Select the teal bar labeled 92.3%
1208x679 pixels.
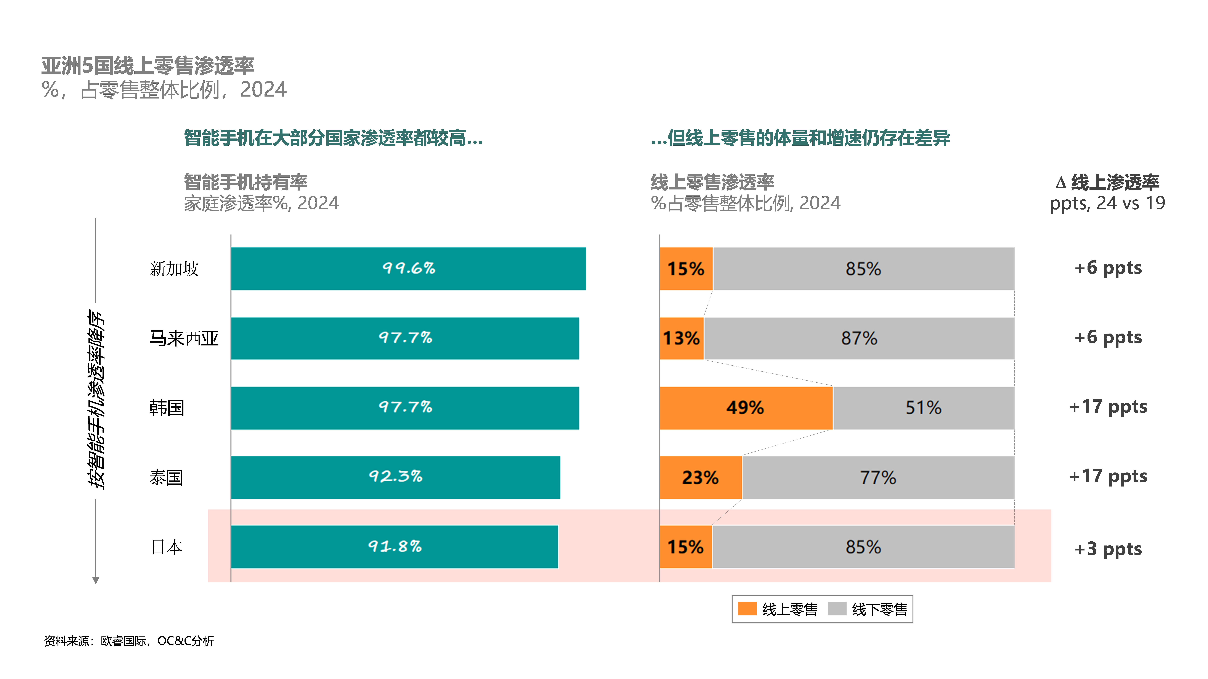tap(395, 477)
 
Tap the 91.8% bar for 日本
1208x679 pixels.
tap(394, 546)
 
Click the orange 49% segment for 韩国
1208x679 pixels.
tap(746, 408)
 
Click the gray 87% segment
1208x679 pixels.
tap(859, 338)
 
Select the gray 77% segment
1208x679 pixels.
tap(878, 477)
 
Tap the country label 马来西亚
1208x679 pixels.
tap(184, 338)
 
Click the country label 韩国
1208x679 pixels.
tap(167, 408)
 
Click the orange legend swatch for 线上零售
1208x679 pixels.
tap(747, 609)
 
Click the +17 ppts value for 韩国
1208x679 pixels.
tap(1108, 407)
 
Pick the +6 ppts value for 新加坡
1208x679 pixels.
tap(1108, 268)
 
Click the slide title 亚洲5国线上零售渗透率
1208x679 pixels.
tap(148, 66)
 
